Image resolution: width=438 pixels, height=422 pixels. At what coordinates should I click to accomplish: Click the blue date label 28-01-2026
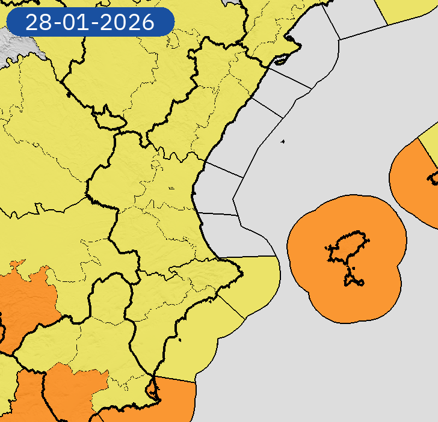(x=90, y=22)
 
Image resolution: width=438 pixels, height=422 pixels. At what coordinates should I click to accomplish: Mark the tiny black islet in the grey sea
(x=282, y=142)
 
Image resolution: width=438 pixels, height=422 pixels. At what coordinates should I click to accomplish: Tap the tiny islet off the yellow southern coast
(x=180, y=341)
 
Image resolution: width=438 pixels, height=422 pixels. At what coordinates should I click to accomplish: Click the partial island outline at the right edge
(x=433, y=178)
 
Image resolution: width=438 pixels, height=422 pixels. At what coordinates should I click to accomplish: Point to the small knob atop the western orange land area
(x=17, y=264)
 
